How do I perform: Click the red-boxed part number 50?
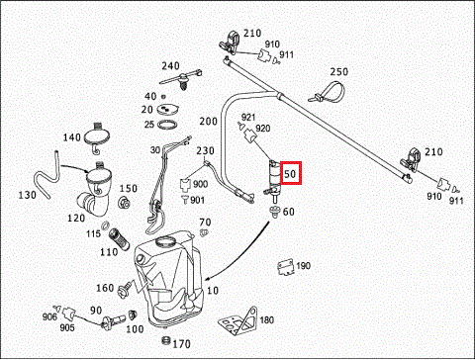pyautogui.click(x=290, y=173)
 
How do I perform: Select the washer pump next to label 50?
pyautogui.click(x=273, y=181)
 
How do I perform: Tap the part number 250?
pyautogui.click(x=339, y=71)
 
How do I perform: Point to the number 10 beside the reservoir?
pyautogui.click(x=213, y=291)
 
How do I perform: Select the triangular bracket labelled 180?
pyautogui.click(x=238, y=320)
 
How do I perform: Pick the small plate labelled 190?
pyautogui.click(x=286, y=267)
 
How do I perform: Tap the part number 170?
pyautogui.click(x=181, y=344)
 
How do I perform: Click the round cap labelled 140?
pyautogui.click(x=97, y=136)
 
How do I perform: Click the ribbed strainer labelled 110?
pyautogui.click(x=117, y=239)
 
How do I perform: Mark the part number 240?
pyautogui.click(x=170, y=66)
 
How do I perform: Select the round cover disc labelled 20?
pyautogui.click(x=166, y=109)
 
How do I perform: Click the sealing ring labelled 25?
pyautogui.click(x=167, y=125)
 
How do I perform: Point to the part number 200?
pyautogui.click(x=208, y=122)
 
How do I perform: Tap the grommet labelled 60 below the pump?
pyautogui.click(x=273, y=212)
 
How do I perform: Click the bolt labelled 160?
pyautogui.click(x=125, y=290)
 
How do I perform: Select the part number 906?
pyautogui.click(x=49, y=316)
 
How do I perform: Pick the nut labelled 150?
pyautogui.click(x=124, y=202)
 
